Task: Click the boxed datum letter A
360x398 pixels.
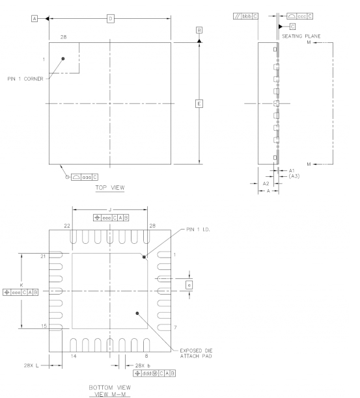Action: [x=34, y=19]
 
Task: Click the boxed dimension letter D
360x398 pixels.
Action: [x=111, y=19]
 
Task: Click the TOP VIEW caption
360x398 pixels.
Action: [x=110, y=188]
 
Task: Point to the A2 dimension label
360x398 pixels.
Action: [x=266, y=184]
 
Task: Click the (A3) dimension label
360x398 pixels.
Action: [x=292, y=176]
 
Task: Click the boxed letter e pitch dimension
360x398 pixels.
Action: [x=189, y=285]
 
